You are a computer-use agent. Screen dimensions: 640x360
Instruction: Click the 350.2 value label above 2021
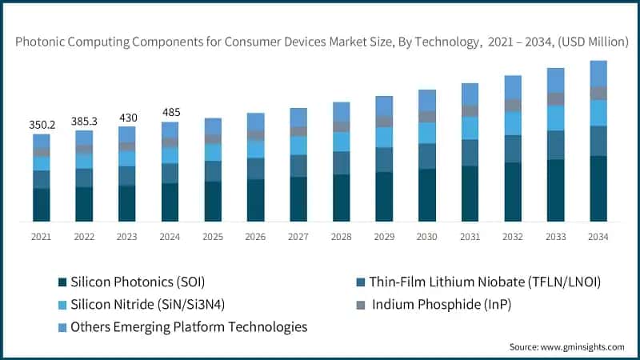pyautogui.click(x=42, y=125)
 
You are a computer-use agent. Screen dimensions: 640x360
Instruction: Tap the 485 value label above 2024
pyautogui.click(x=171, y=112)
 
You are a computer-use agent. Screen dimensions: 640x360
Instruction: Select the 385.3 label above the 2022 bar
pyautogui.click(x=84, y=122)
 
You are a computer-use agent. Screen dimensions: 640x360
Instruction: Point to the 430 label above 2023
pyautogui.click(x=128, y=118)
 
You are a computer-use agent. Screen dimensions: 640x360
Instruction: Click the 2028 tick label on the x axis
pyautogui.click(x=342, y=237)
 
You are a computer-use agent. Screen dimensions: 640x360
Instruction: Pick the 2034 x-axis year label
pyautogui.click(x=598, y=237)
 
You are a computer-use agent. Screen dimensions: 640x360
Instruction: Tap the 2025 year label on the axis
pyautogui.click(x=213, y=237)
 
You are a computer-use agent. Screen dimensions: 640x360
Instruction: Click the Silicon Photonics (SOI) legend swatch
pyautogui.click(x=62, y=282)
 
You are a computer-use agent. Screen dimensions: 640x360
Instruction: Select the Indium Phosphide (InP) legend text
pyautogui.click(x=442, y=305)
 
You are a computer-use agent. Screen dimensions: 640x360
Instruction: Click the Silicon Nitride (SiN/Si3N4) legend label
pyautogui.click(x=148, y=305)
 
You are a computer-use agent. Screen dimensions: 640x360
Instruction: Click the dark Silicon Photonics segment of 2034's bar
pyautogui.click(x=598, y=189)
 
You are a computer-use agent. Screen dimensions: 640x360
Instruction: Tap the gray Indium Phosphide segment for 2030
pyautogui.click(x=427, y=117)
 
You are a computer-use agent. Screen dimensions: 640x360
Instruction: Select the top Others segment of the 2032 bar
pyautogui.click(x=513, y=87)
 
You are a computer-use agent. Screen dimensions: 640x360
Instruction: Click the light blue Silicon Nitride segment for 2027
pyautogui.click(x=298, y=146)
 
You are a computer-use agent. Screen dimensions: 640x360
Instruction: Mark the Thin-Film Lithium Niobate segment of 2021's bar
pyautogui.click(x=42, y=179)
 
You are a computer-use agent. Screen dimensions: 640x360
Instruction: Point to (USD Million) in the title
pyautogui.click(x=593, y=42)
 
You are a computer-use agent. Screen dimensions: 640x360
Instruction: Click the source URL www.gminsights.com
pyautogui.click(x=582, y=347)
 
